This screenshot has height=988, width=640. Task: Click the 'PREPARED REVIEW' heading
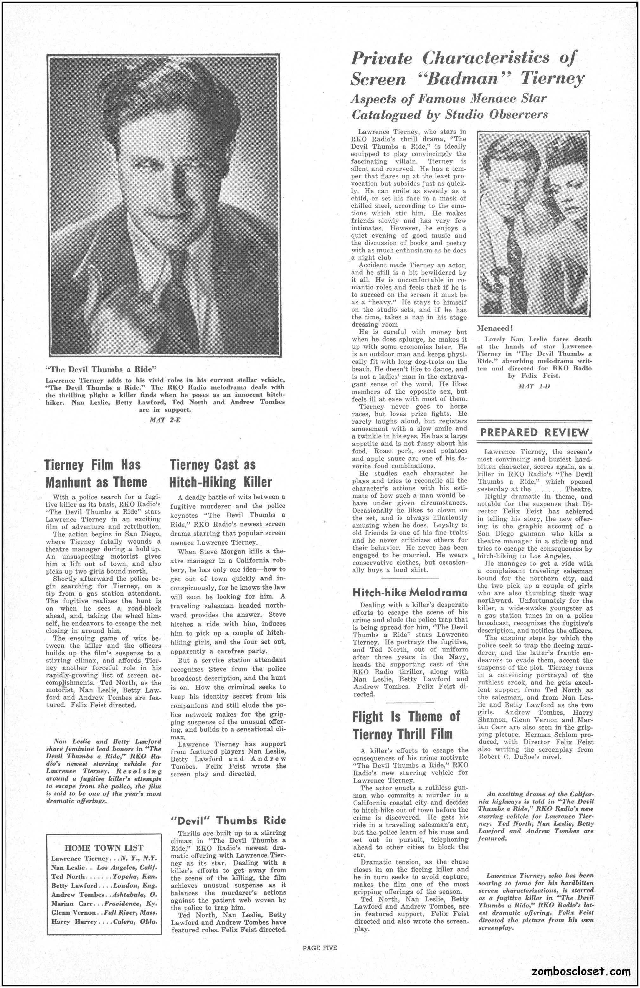(534, 432)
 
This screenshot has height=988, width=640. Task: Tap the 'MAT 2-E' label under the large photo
(165, 419)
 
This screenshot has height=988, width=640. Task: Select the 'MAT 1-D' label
(534, 386)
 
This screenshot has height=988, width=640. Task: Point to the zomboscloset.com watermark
(581, 971)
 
